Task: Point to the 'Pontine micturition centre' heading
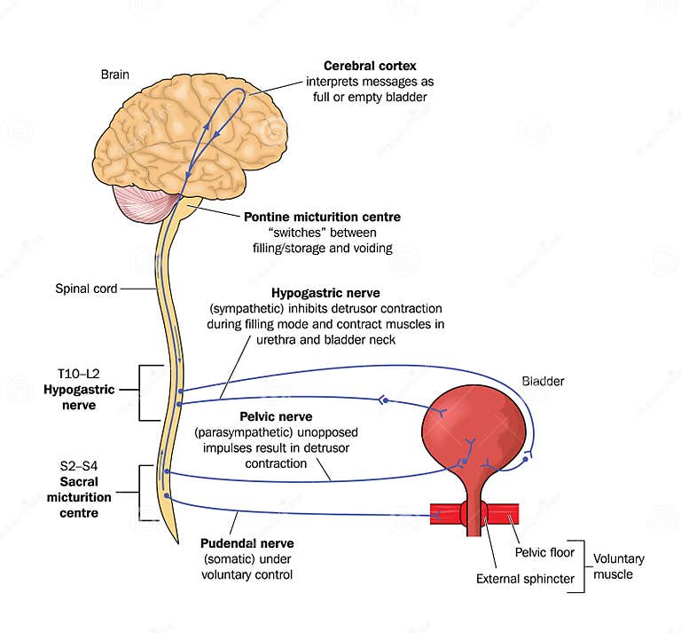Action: coord(323,217)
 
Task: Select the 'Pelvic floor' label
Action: coord(544,552)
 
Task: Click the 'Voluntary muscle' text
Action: coord(618,566)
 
